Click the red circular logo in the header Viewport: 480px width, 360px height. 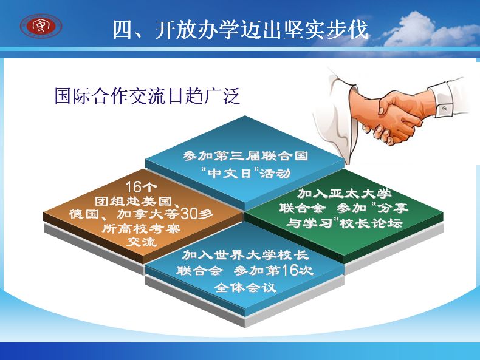41,26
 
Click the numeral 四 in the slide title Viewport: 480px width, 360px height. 123,30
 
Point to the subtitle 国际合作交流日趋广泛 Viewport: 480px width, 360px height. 147,96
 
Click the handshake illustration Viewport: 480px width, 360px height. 392,113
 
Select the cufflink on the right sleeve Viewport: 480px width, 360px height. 444,108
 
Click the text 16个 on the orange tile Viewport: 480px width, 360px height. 142,186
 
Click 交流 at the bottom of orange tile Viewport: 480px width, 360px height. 142,242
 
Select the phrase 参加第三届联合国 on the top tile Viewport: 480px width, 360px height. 245,156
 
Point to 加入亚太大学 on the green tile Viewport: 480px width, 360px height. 345,194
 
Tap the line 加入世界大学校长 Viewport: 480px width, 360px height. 245,255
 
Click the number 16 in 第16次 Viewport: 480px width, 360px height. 290,270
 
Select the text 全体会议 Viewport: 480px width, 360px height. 245,287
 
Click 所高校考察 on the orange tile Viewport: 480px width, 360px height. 142,228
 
